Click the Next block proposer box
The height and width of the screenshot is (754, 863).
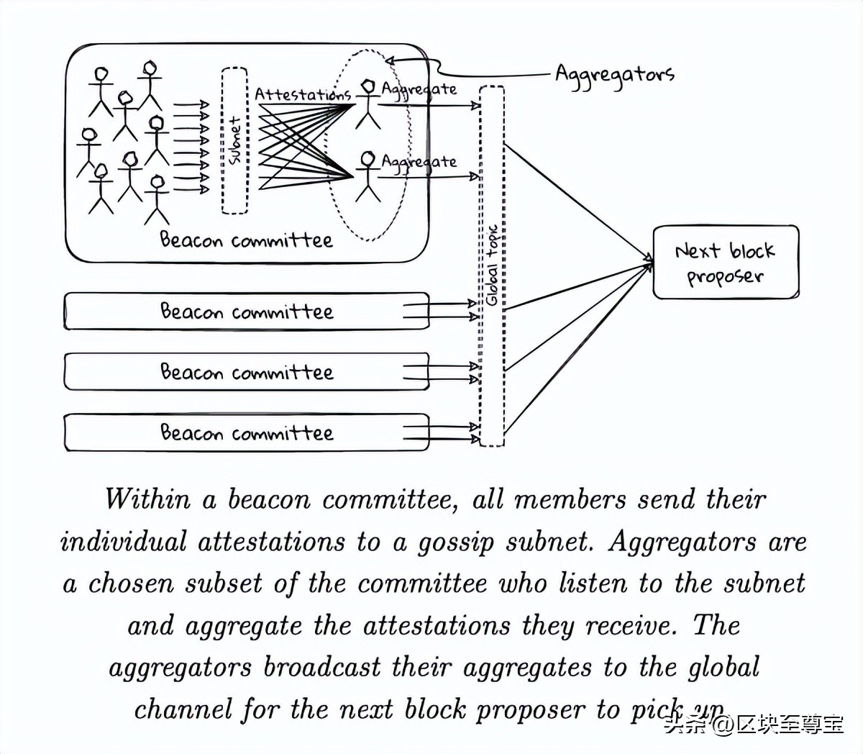[725, 263]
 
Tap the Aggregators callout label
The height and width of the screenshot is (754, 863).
[614, 75]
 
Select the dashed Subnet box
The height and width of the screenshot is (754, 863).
[234, 140]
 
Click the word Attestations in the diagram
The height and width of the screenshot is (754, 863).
[302, 94]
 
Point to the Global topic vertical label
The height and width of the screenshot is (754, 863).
[493, 266]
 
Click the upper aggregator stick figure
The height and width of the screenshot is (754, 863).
[368, 104]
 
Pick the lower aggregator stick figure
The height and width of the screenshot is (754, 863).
[368, 176]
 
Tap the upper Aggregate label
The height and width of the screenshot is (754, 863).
[419, 89]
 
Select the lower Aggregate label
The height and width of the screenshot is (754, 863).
[419, 162]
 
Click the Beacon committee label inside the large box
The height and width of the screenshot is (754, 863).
[246, 240]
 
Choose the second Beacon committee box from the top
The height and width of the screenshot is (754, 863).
[246, 312]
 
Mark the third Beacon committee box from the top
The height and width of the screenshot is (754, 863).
[246, 372]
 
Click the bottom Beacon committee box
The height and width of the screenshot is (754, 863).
[246, 432]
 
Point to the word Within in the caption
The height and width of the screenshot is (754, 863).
[147, 499]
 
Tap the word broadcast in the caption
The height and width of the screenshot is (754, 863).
[321, 667]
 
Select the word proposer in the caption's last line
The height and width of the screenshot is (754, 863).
[531, 709]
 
